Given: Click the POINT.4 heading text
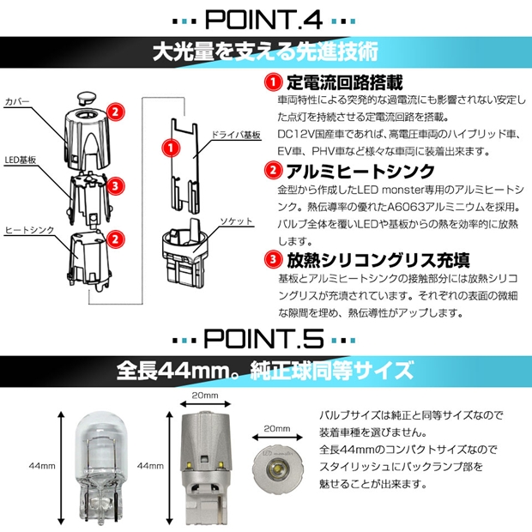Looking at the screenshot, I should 265,18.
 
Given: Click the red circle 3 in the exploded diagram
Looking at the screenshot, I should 118,184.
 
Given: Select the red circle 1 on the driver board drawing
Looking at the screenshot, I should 170,148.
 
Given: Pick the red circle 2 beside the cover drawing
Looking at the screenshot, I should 118,112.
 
